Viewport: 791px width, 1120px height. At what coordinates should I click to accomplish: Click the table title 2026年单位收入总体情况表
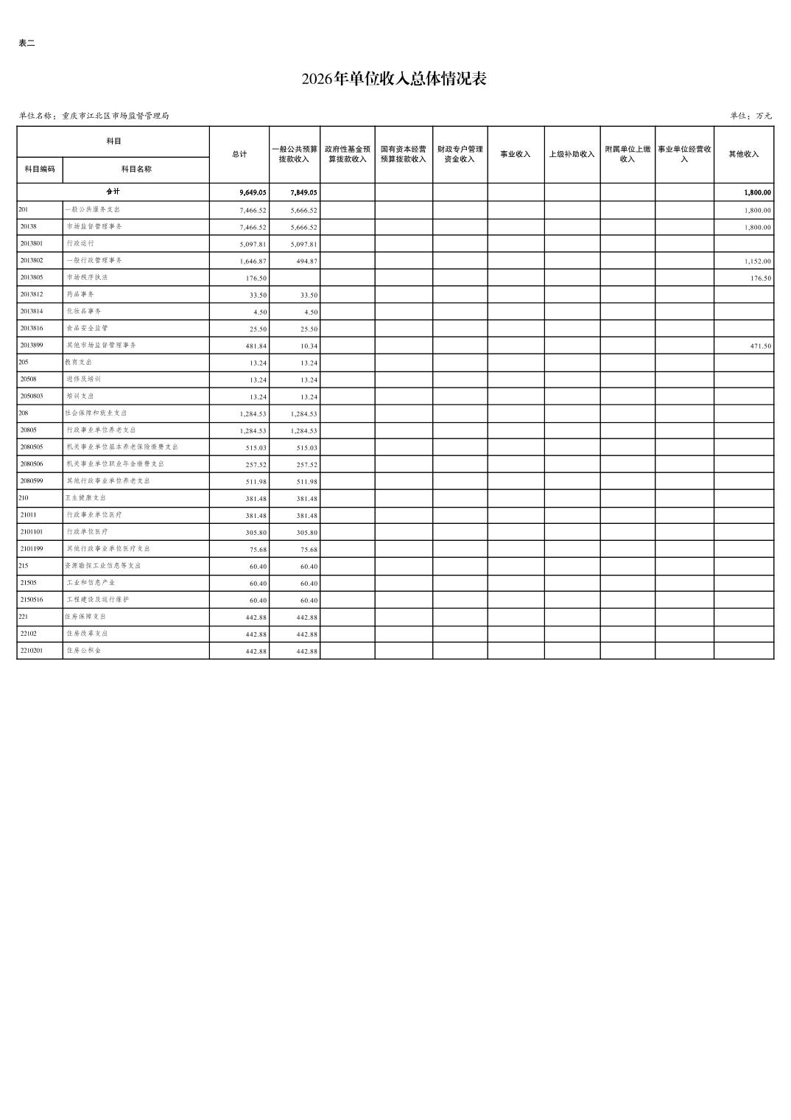click(394, 79)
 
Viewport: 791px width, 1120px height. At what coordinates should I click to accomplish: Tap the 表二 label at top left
click(27, 43)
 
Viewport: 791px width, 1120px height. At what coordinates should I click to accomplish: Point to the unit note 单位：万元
click(750, 116)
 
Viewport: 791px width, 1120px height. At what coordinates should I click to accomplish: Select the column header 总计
click(239, 154)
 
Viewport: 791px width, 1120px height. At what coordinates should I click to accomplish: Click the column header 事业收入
click(516, 154)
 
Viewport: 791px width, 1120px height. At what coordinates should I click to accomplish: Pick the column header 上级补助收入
click(572, 154)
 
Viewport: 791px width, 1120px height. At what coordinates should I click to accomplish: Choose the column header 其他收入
click(743, 154)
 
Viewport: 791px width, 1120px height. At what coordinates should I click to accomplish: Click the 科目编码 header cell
click(40, 169)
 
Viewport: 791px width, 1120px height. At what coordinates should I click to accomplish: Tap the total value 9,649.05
click(253, 192)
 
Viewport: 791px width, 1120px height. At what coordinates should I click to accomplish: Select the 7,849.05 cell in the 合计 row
click(303, 192)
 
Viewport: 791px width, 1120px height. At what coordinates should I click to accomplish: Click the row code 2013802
click(32, 260)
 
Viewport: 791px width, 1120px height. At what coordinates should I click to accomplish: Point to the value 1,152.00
click(757, 262)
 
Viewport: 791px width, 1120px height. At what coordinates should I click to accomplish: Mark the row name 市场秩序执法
click(87, 277)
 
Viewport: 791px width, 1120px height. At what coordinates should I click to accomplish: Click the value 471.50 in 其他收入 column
click(760, 346)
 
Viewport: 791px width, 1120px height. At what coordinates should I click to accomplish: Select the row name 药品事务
click(80, 294)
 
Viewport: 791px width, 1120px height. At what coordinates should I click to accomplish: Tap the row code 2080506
click(32, 463)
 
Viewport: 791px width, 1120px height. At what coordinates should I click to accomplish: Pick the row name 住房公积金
click(84, 651)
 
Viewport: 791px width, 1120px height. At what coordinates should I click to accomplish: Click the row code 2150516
click(32, 599)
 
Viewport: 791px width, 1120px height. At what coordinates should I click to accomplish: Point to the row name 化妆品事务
click(84, 311)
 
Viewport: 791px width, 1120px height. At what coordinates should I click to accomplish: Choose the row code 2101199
click(32, 548)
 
